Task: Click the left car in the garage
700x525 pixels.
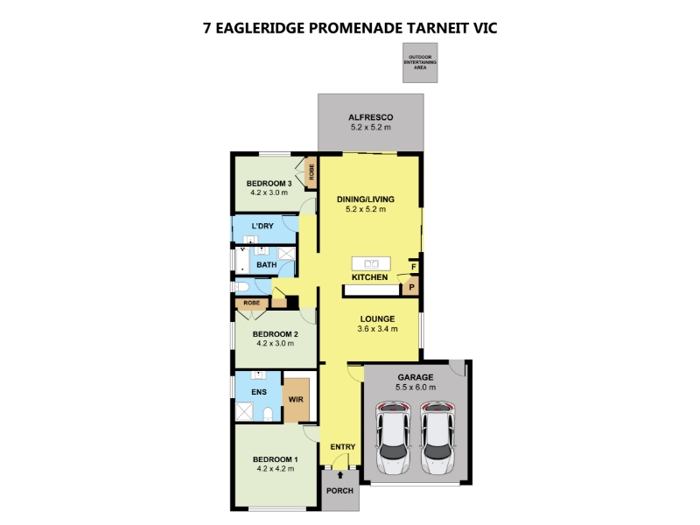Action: pyautogui.click(x=393, y=438)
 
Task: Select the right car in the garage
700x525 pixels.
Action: pyautogui.click(x=438, y=438)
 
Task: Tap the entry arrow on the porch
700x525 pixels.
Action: pyautogui.click(x=340, y=475)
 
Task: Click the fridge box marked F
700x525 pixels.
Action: pyautogui.click(x=414, y=267)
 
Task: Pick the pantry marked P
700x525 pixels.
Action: pyautogui.click(x=411, y=287)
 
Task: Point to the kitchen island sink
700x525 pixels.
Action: pyautogui.click(x=371, y=264)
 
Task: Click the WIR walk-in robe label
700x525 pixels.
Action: pyautogui.click(x=296, y=400)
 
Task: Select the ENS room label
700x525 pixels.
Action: pyautogui.click(x=259, y=392)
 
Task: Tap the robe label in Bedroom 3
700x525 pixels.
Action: pyautogui.click(x=311, y=171)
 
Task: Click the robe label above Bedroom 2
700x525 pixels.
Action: pyautogui.click(x=252, y=303)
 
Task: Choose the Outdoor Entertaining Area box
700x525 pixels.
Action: pyautogui.click(x=420, y=62)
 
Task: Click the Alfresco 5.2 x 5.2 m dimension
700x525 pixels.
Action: pyautogui.click(x=370, y=127)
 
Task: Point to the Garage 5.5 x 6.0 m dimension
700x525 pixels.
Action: pyautogui.click(x=416, y=388)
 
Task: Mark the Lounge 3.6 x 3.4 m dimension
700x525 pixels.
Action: pyautogui.click(x=377, y=329)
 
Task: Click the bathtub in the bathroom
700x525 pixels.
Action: pyautogui.click(x=242, y=260)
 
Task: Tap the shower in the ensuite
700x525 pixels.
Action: pyautogui.click(x=244, y=411)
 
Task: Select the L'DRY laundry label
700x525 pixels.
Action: pyautogui.click(x=262, y=226)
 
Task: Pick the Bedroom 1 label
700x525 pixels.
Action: pyautogui.click(x=276, y=459)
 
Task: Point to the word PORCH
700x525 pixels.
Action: pyautogui.click(x=339, y=491)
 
